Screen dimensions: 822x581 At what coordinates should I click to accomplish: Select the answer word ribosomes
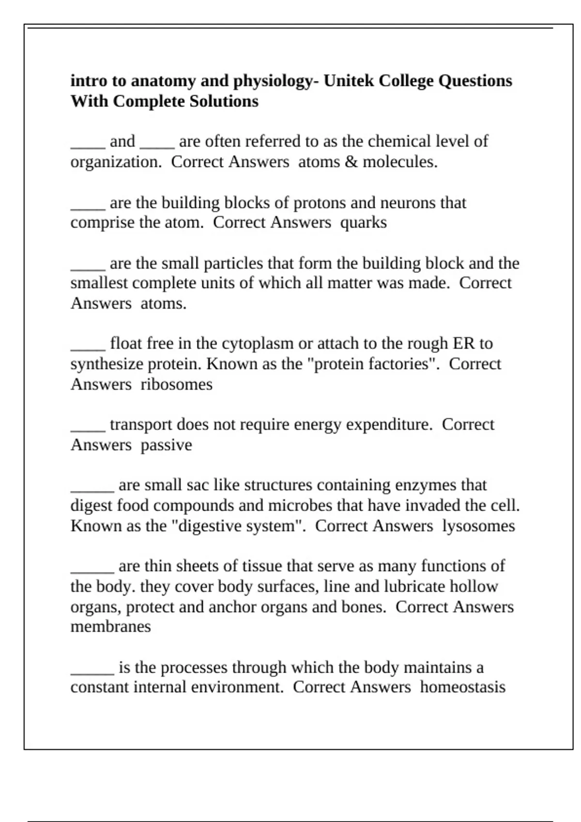(176, 385)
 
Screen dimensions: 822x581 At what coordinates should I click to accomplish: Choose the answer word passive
(166, 445)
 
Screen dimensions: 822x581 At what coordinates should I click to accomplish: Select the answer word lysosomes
(478, 526)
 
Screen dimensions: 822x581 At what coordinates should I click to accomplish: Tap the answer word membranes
(110, 627)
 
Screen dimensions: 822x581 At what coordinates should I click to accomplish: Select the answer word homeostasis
(462, 688)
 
